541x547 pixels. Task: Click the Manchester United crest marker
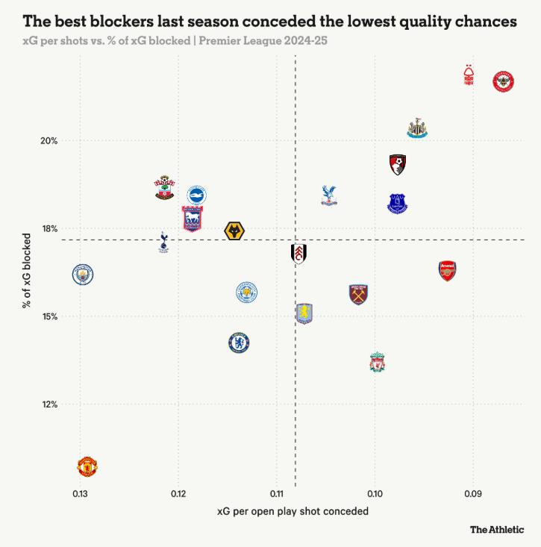point(88,467)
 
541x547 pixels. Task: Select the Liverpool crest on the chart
point(378,363)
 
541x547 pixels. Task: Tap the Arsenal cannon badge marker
point(447,270)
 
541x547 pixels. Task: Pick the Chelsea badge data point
point(239,343)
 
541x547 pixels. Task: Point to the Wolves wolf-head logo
point(235,231)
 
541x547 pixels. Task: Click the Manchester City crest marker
point(83,275)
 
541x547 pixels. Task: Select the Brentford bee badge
point(504,81)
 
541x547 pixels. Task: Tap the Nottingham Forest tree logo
point(469,76)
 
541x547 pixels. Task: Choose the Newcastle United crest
point(417,128)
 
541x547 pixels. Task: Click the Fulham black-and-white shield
point(298,254)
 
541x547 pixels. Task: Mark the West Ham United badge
point(359,294)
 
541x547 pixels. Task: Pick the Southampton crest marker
point(165,187)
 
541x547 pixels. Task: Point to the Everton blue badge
point(398,203)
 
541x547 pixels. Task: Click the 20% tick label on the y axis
point(49,141)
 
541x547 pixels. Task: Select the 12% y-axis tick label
point(49,404)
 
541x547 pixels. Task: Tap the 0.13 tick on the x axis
point(80,494)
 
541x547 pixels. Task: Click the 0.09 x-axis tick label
point(472,494)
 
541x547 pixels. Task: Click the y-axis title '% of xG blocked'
point(27,271)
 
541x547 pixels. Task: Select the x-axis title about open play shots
point(293,512)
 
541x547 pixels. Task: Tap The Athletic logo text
point(496,530)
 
